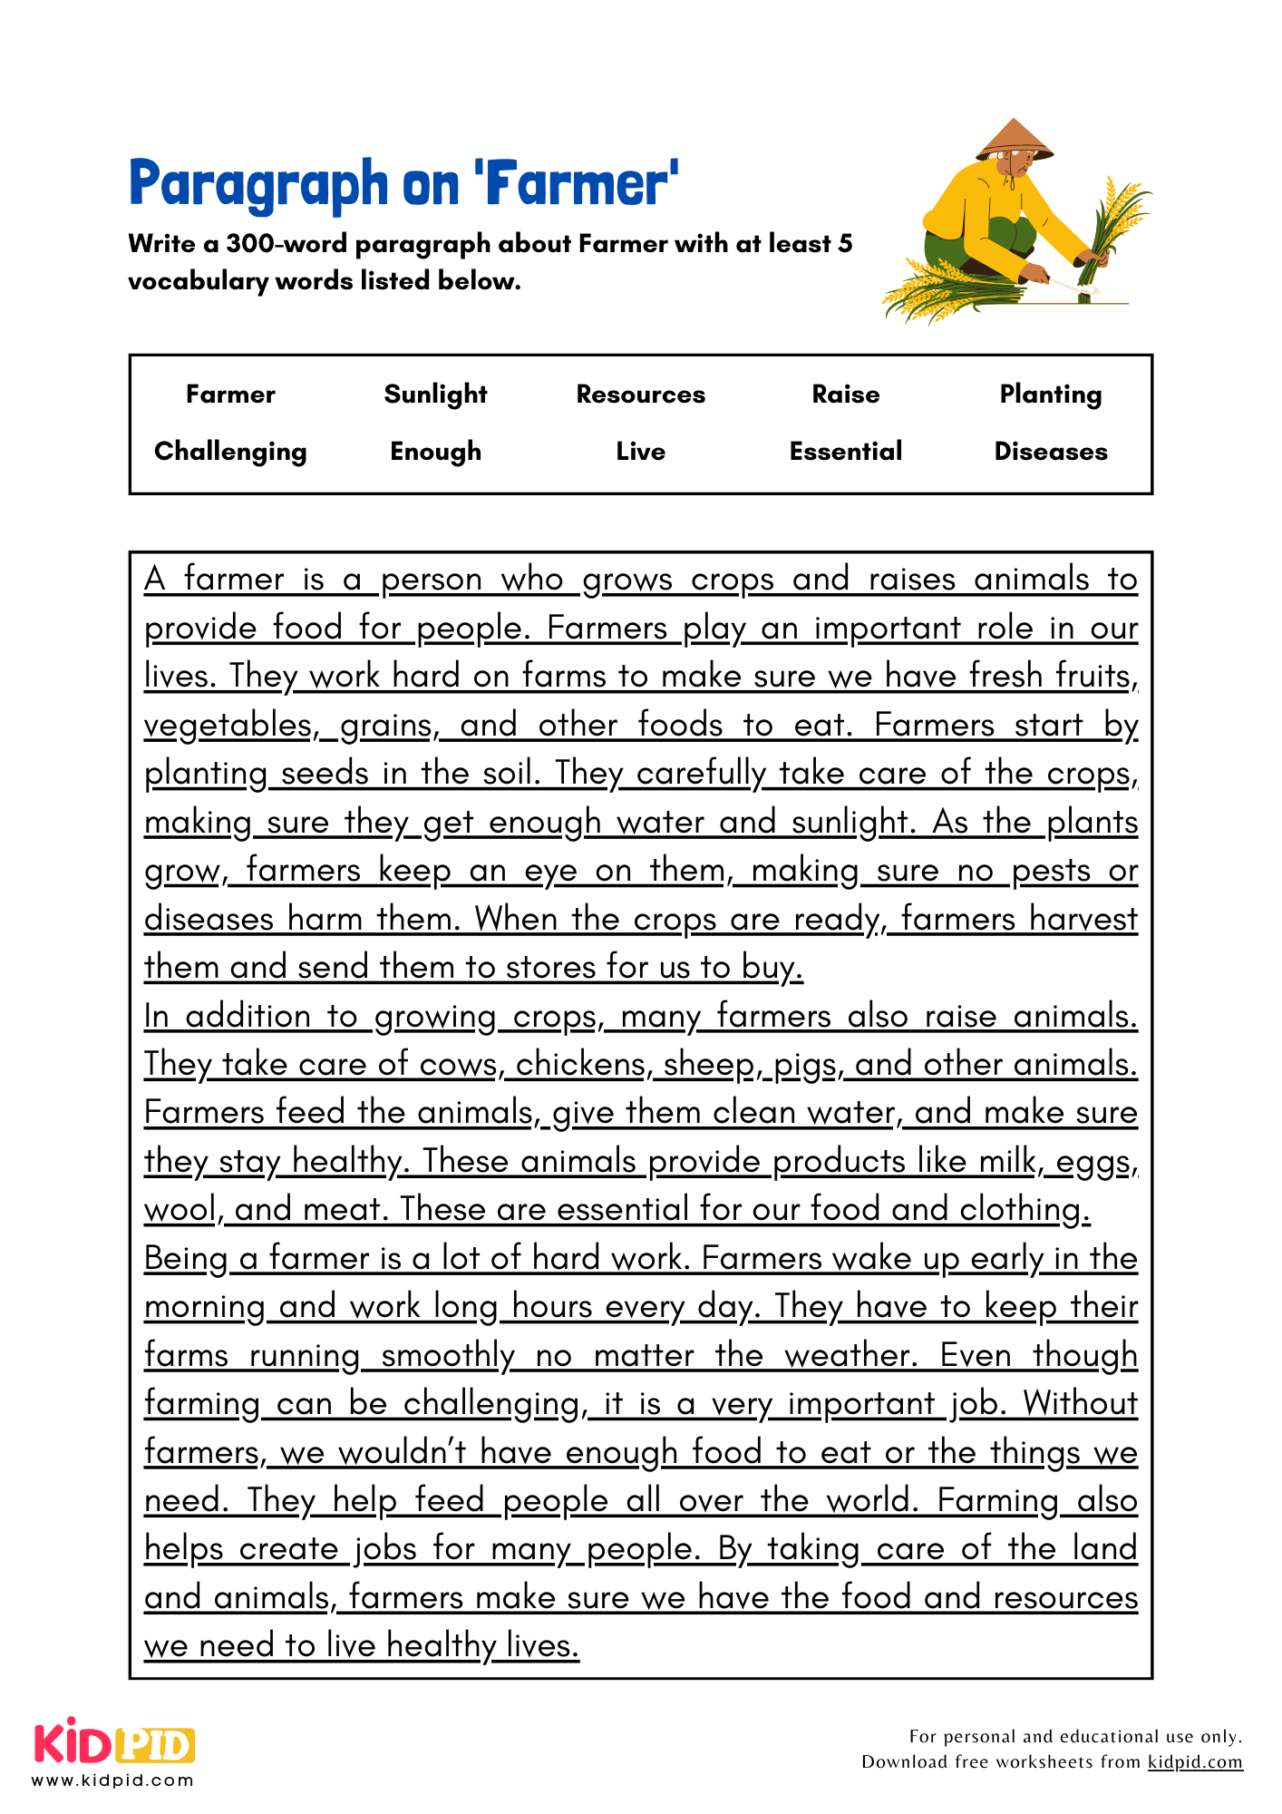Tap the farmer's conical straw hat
1014,140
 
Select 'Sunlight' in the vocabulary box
435,395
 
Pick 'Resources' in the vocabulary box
640,395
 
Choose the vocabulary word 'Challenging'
230,452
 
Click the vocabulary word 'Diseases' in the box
1050,452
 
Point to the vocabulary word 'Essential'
845,452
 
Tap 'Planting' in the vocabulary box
1050,395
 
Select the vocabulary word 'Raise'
845,395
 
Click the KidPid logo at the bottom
114,1743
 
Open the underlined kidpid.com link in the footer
1194,1761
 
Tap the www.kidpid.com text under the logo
113,1780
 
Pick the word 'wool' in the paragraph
180,1210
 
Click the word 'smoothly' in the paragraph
448,1355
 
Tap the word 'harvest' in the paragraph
1083,919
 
